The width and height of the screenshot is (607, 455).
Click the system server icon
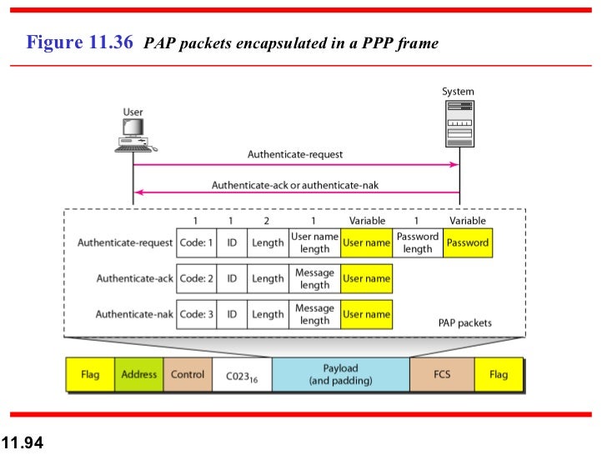pyautogui.click(x=458, y=124)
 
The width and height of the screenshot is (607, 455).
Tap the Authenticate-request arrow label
pyautogui.click(x=295, y=154)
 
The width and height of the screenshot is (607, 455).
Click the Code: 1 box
pyautogui.click(x=197, y=242)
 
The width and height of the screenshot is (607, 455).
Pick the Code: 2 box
pyautogui.click(x=197, y=278)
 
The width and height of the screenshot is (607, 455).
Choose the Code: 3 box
pyautogui.click(x=197, y=314)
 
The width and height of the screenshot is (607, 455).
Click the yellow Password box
pyautogui.click(x=467, y=242)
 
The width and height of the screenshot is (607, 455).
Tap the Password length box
pyautogui.click(x=418, y=242)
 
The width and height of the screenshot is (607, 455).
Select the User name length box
pyautogui.click(x=314, y=242)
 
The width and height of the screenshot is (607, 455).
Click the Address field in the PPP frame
pyautogui.click(x=139, y=375)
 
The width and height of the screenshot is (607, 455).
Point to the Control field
pyautogui.click(x=188, y=375)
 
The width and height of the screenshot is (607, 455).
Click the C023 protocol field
pyautogui.click(x=242, y=376)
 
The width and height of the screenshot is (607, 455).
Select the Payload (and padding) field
pyautogui.click(x=340, y=375)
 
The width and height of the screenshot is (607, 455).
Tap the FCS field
pyautogui.click(x=442, y=375)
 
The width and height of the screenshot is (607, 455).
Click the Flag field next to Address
pyautogui.click(x=90, y=375)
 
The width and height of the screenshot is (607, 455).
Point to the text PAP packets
pyautogui.click(x=464, y=322)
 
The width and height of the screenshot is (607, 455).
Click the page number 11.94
pyautogui.click(x=22, y=442)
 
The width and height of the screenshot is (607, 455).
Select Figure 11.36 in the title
pyautogui.click(x=80, y=42)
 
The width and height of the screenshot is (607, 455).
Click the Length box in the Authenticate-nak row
pyautogui.click(x=268, y=314)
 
